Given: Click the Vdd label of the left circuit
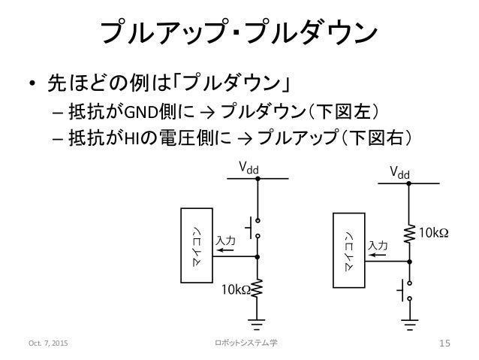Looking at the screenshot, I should click(249, 168).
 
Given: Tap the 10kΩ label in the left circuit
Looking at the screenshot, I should click(236, 289).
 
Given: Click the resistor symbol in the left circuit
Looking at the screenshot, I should click(258, 288).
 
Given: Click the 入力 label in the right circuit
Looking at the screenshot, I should click(377, 246).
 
